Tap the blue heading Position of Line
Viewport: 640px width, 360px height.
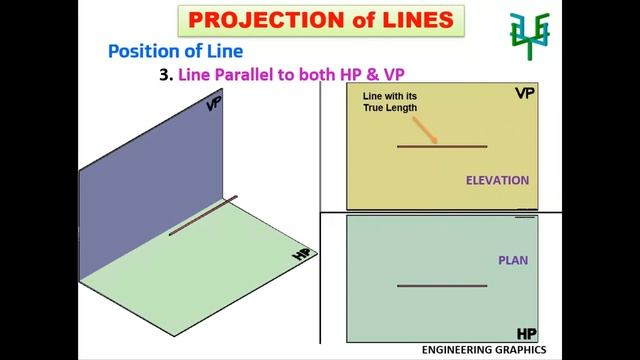tap(175, 51)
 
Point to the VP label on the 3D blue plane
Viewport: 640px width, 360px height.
tap(213, 102)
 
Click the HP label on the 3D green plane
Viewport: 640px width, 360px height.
tap(300, 256)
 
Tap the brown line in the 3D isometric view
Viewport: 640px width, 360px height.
tap(203, 215)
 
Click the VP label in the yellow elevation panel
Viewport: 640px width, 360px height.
tap(524, 93)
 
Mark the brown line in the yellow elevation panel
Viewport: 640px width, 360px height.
tap(442, 147)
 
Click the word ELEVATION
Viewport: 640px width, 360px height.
tap(497, 181)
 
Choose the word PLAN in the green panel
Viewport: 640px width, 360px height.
tap(513, 261)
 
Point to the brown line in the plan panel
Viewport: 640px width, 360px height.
tap(442, 286)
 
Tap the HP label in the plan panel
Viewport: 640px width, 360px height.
tap(526, 332)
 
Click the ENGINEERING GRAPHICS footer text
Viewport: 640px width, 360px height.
tap(483, 351)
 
